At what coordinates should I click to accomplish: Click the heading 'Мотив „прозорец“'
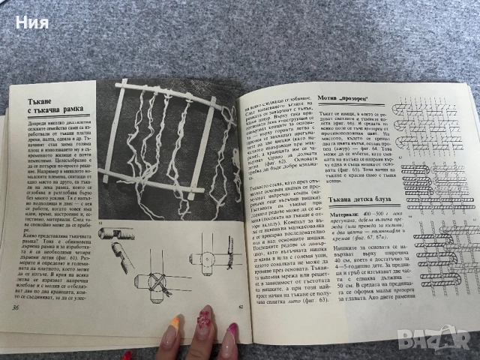click(x=349, y=99)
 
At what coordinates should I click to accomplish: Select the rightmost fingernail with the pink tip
click(x=232, y=334)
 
